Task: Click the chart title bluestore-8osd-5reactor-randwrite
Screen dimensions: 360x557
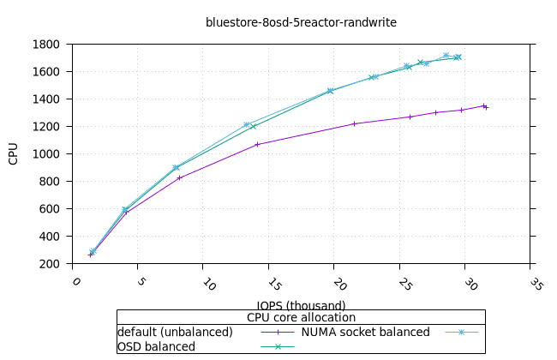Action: coord(301,22)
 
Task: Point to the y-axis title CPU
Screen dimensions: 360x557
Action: coord(14,153)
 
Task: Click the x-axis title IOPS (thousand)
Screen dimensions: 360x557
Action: coord(301,305)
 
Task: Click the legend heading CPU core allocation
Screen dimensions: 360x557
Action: coord(301,318)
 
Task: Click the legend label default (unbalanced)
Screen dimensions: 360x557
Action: coord(175,332)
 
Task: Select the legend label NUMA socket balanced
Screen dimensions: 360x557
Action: coord(365,332)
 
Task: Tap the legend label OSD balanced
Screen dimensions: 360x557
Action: coord(156,346)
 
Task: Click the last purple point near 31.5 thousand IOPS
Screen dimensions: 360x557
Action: coord(485,106)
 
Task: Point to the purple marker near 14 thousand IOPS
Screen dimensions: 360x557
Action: coord(257,144)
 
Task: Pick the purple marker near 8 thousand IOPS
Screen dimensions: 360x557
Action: coord(179,177)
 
